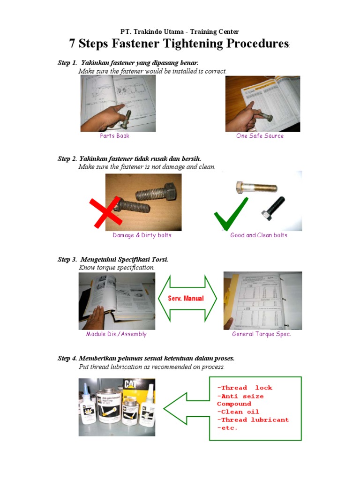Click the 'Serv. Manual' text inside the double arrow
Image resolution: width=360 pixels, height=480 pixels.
tap(186, 299)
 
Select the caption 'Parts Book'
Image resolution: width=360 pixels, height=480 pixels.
tap(114, 136)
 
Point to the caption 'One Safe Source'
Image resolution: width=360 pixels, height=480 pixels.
tap(260, 136)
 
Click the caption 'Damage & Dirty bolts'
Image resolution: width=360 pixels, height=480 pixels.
tap(142, 235)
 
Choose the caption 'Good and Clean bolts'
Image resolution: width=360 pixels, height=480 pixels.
tap(259, 235)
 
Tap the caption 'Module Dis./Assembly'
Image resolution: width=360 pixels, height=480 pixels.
tap(116, 334)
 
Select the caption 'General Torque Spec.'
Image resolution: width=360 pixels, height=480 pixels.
tap(262, 334)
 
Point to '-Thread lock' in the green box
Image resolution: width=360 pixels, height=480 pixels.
tap(244, 388)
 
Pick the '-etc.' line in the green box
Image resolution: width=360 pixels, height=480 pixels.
tap(227, 428)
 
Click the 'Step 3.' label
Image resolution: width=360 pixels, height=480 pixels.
tap(67, 260)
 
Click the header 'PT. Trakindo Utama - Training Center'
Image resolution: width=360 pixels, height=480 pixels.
tap(180, 32)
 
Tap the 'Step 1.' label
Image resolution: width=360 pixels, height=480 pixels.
tap(67, 63)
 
